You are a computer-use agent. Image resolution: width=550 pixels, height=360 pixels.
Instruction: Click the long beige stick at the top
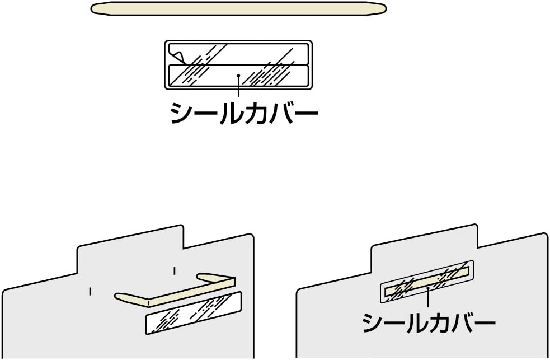click(238, 8)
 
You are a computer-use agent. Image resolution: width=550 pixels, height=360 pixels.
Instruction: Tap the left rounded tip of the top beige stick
click(96, 8)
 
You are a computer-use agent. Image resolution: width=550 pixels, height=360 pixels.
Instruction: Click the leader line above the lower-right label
click(427, 298)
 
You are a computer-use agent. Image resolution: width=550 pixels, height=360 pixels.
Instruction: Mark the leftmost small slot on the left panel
click(90, 291)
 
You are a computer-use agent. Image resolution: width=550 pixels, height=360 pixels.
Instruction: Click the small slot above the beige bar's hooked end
click(175, 271)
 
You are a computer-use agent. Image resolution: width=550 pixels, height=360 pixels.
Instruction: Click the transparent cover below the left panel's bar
click(193, 313)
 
